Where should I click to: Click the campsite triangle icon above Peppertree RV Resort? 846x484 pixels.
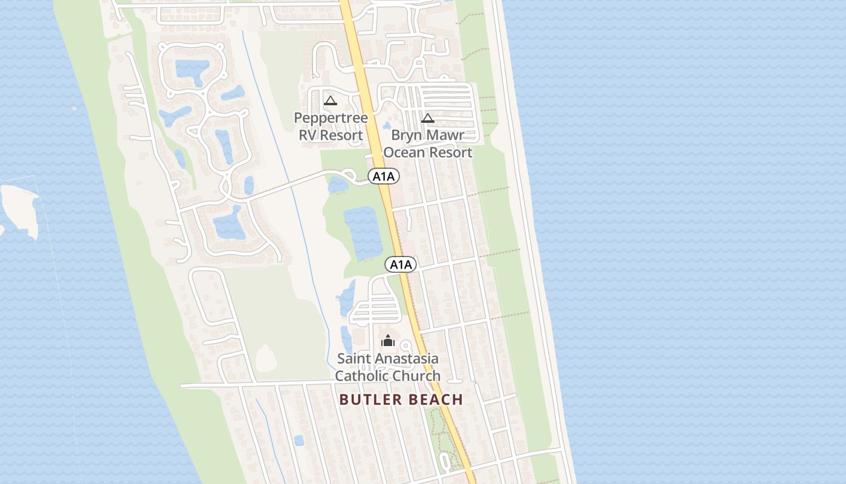point(330,100)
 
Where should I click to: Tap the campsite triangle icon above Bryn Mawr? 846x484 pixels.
point(428,118)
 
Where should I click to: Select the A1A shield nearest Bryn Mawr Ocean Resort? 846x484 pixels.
point(384,177)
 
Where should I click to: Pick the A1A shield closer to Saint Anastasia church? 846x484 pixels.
point(401,264)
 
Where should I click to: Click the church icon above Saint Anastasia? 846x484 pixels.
point(388,341)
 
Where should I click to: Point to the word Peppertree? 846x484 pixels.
point(331,117)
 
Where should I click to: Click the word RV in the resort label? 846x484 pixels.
point(308,135)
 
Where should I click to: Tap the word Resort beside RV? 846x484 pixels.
point(342,135)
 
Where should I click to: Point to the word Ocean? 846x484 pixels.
point(404,152)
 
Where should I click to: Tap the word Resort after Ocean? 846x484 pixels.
point(451,152)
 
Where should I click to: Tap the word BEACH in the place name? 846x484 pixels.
point(436,399)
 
